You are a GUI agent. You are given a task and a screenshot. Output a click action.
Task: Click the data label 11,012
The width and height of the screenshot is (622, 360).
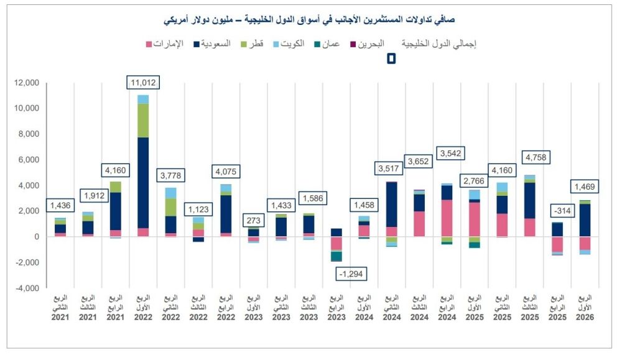coord(143,83)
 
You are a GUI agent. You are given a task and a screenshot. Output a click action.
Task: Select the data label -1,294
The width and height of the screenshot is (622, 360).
coord(350,274)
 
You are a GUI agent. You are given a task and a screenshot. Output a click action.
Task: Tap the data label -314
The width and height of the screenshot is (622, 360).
coord(557,210)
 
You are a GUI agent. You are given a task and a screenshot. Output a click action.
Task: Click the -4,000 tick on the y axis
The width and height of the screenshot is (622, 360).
coord(27,288)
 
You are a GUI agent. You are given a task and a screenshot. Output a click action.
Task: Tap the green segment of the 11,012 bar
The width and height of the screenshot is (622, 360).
coord(143,121)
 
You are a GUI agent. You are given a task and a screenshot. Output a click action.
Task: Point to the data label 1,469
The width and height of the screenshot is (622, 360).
coord(586,187)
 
